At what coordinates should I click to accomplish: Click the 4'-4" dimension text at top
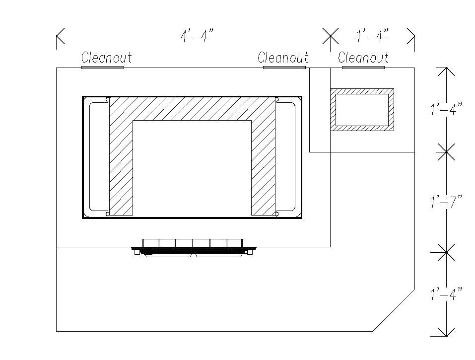197,35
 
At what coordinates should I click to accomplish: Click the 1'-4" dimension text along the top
372,35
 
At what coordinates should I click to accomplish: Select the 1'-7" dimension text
447,201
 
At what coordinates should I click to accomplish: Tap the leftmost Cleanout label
106,57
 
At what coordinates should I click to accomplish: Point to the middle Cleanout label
282,57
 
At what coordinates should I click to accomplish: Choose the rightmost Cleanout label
363,57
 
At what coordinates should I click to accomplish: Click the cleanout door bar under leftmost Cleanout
103,68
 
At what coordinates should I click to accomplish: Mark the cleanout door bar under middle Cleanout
284,68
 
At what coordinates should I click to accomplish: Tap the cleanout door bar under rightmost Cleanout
363,68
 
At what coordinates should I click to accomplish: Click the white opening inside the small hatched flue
362,110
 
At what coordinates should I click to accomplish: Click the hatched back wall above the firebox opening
192,109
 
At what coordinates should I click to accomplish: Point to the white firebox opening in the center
192,168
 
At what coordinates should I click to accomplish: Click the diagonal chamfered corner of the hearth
394,310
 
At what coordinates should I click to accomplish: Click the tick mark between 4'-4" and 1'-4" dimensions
330,36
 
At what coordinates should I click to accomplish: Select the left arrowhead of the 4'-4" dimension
60,36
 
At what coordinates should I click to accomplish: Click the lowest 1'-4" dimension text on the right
447,293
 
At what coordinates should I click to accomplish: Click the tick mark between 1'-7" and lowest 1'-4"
446,252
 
